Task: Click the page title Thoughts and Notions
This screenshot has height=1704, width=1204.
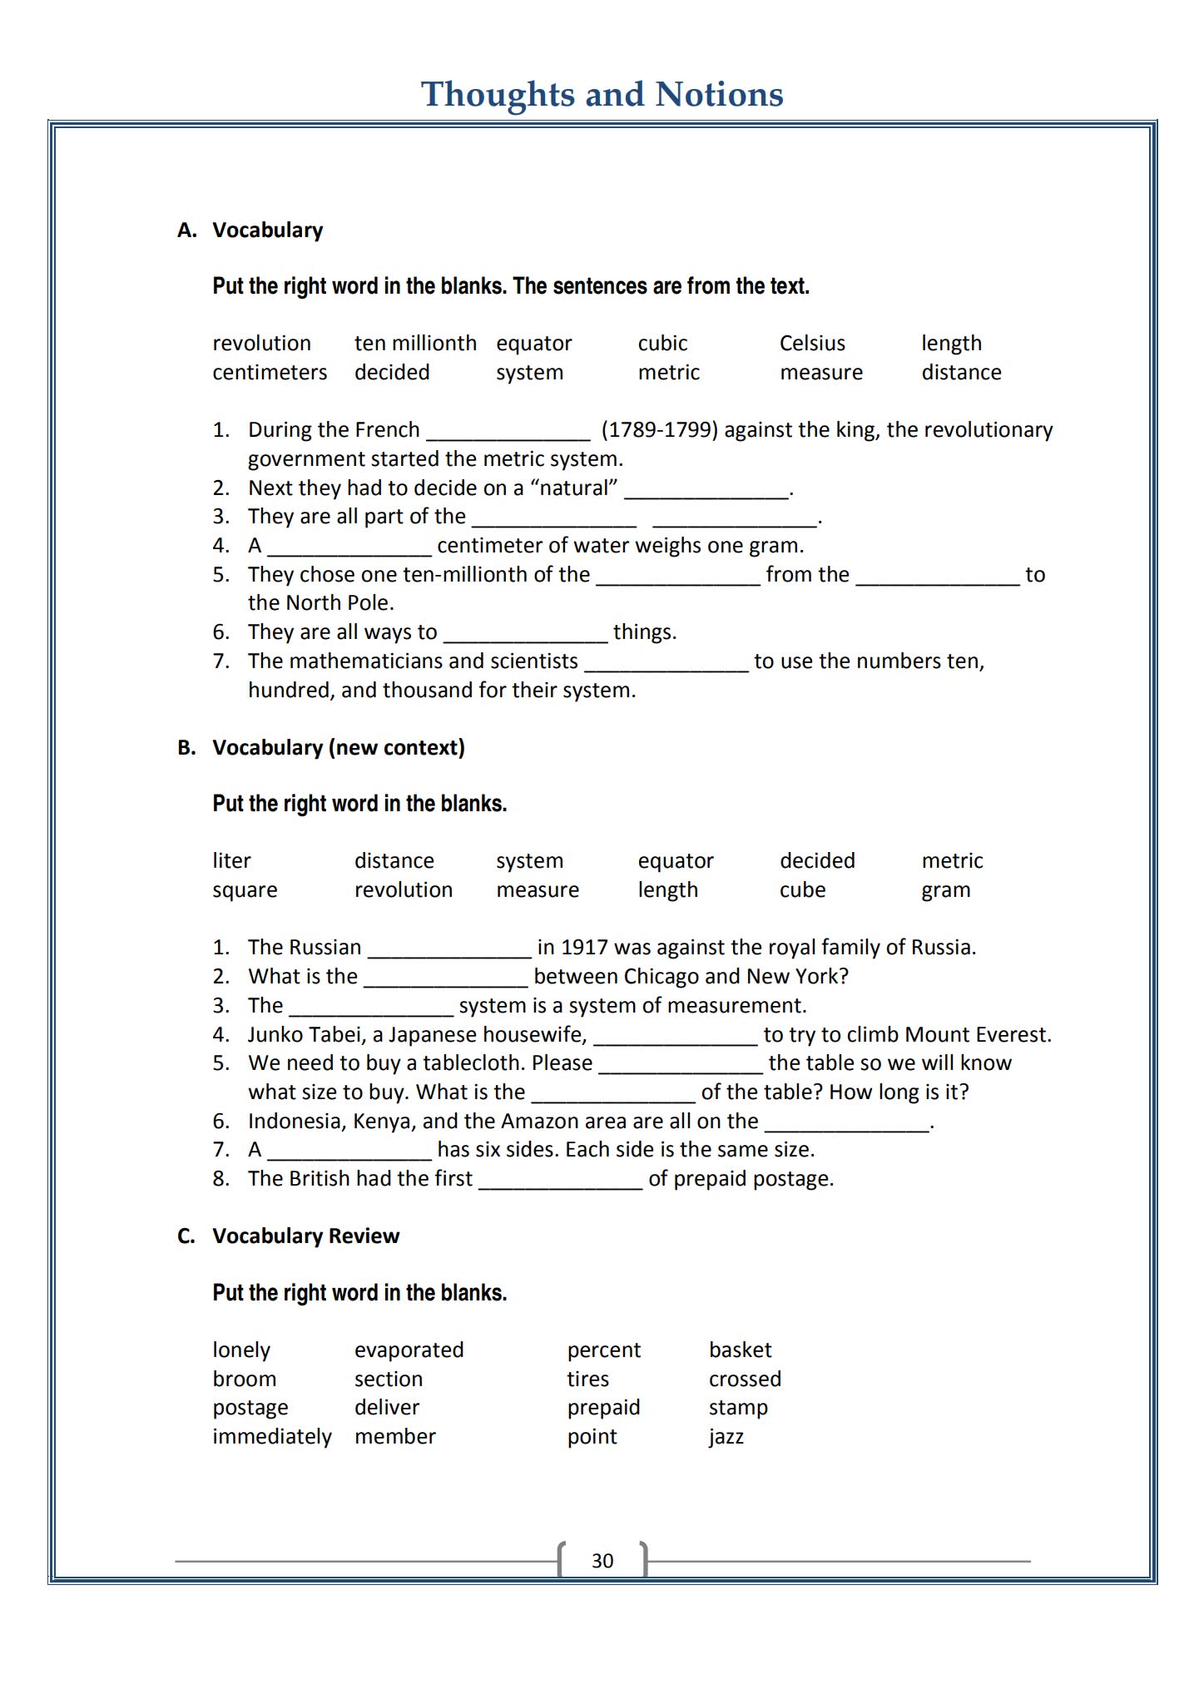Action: click(x=602, y=94)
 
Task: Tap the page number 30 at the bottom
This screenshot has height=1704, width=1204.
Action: click(x=602, y=1561)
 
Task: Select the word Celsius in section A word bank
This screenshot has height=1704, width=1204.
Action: click(x=812, y=344)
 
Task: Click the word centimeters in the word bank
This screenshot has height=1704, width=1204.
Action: click(x=270, y=373)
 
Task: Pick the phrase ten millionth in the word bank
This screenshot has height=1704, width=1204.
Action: click(x=415, y=344)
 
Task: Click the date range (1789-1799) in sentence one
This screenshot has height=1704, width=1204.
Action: click(x=659, y=430)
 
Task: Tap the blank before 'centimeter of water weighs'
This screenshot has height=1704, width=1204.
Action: click(x=349, y=547)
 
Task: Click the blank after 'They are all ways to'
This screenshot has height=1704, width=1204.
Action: click(x=526, y=634)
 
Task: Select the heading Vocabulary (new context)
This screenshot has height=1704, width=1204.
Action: click(x=338, y=748)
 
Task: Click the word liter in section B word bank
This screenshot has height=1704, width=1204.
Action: click(x=231, y=861)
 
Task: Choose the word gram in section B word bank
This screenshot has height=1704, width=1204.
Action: click(x=946, y=890)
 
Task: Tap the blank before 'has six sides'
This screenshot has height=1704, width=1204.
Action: click(x=349, y=1152)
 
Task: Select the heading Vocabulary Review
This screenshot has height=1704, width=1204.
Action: click(x=305, y=1236)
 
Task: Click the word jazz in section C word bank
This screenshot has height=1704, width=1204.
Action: click(x=726, y=1437)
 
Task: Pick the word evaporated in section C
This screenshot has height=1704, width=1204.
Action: click(x=409, y=1350)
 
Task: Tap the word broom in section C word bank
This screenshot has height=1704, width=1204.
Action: click(x=244, y=1380)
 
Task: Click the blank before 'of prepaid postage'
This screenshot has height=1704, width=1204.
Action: click(x=560, y=1181)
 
